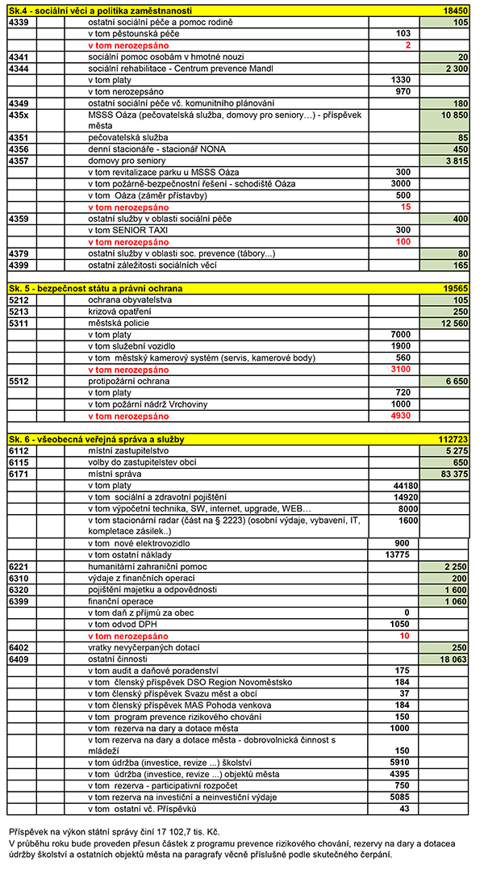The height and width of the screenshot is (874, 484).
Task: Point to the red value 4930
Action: click(x=399, y=416)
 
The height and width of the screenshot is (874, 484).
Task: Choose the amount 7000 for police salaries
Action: click(x=399, y=334)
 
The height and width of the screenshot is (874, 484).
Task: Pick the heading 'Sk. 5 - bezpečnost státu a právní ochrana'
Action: click(x=96, y=288)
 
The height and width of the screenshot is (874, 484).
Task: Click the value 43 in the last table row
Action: click(x=404, y=809)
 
